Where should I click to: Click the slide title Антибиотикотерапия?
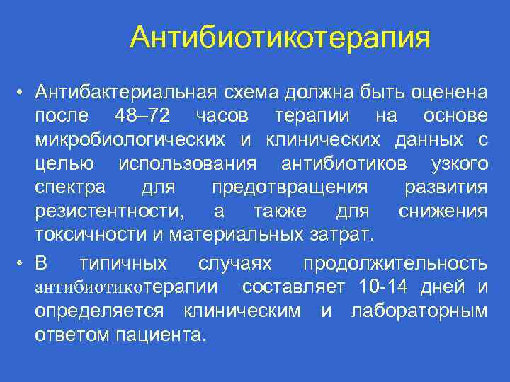tap(280, 37)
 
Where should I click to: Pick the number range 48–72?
tap(139, 116)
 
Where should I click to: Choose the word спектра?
tap(71, 188)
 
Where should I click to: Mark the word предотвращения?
tap(290, 188)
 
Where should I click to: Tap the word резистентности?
tap(110, 212)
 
